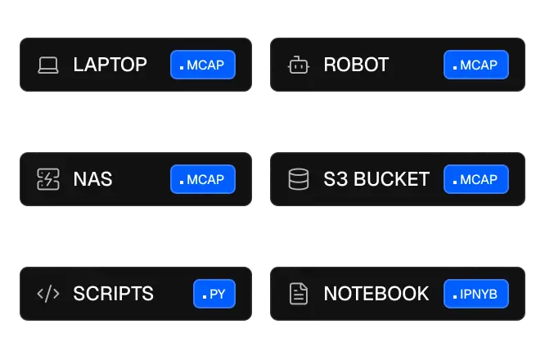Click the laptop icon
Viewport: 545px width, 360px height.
point(48,65)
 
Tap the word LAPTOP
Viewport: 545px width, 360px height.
point(110,65)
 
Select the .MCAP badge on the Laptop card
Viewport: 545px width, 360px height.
point(203,65)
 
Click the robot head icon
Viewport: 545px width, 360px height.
point(299,65)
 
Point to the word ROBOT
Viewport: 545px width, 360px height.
point(356,65)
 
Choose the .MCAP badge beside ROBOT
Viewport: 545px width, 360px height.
point(476,65)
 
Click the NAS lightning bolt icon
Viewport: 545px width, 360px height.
point(48,179)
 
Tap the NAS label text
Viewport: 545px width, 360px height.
point(92,179)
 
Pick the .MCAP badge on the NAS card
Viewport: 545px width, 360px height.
point(203,179)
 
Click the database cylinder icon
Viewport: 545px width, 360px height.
point(299,179)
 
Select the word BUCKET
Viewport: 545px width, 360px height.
point(392,179)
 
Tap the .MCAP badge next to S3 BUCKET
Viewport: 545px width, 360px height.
point(476,179)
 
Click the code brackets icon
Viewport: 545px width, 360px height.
point(48,294)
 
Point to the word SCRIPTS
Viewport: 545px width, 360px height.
point(113,294)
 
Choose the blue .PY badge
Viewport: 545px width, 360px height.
point(214,294)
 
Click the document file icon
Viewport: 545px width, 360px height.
point(299,294)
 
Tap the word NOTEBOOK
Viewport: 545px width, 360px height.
point(376,294)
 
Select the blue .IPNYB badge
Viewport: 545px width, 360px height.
point(476,294)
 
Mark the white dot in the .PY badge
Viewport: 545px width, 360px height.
point(205,296)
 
